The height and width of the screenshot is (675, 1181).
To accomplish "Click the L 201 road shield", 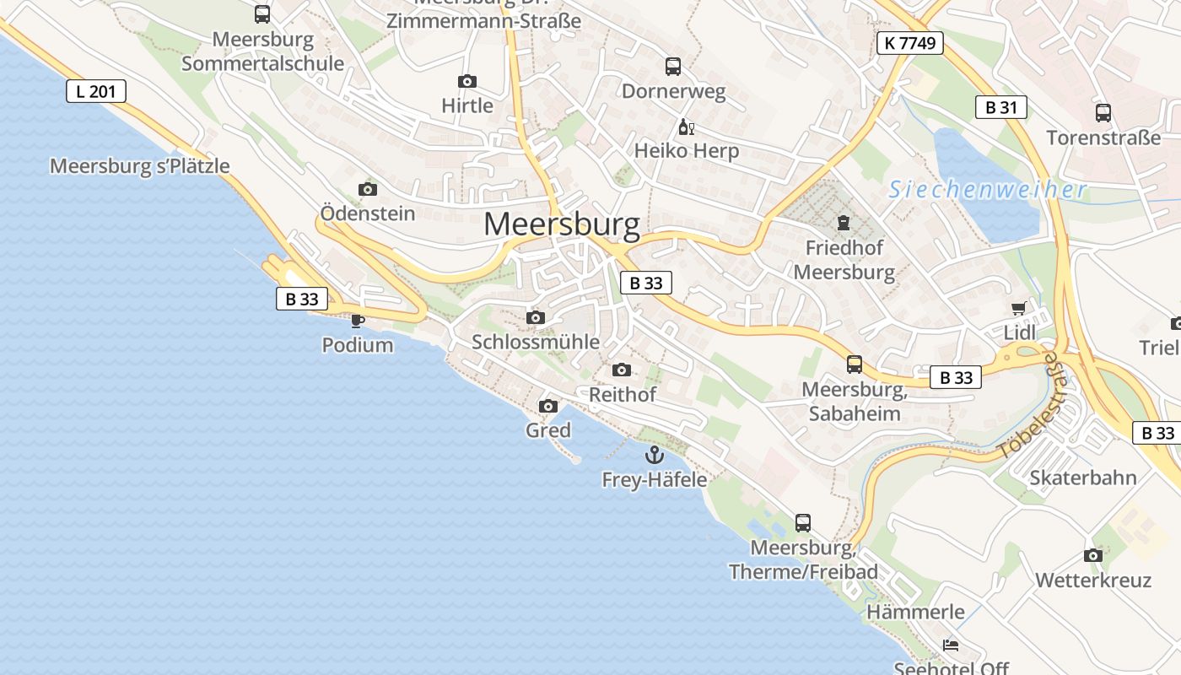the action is [96, 91].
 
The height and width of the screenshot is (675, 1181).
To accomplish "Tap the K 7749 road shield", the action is [909, 43].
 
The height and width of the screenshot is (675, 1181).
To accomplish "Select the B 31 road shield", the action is [1001, 107].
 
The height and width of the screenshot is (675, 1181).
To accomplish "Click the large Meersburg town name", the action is [562, 224].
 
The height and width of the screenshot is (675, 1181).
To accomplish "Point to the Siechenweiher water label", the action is [988, 190].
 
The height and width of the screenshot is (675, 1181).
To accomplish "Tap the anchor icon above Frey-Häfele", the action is [654, 456].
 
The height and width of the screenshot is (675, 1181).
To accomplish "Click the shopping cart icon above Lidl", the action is [1019, 309].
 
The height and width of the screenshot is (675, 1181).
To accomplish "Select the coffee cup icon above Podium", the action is [358, 321].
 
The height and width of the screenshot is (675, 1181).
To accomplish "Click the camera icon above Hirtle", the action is [466, 82].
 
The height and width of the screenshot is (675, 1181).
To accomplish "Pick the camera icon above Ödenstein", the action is [368, 189].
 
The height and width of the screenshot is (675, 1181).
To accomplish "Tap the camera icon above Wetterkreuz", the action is [1093, 556].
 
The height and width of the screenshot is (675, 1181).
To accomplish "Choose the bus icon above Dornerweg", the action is [672, 67].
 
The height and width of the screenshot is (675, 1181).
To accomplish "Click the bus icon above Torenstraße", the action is [1103, 113].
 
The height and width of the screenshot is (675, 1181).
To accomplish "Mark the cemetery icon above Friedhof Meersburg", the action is [842, 224].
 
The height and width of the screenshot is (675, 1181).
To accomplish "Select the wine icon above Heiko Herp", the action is [686, 128].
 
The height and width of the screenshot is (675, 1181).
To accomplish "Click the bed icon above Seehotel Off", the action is [951, 645].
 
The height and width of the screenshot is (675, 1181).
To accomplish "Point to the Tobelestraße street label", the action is [1027, 408].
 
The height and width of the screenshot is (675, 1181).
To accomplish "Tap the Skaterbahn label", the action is [1083, 478].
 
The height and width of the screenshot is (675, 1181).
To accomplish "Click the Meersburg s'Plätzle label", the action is [140, 166].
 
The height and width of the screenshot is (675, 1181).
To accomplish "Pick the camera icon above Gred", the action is [548, 407].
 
